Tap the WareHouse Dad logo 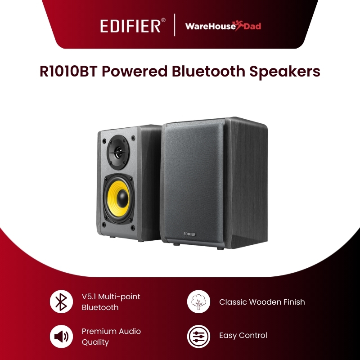(x=223, y=26)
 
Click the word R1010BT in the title (x=67, y=72)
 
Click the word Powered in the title (x=131, y=72)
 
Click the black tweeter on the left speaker (x=117, y=152)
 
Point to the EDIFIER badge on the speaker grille (x=190, y=233)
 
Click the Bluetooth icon (x=61, y=302)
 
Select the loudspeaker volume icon (x=61, y=336)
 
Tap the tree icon (x=198, y=302)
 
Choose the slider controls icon (x=198, y=336)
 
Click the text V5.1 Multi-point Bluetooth (x=111, y=302)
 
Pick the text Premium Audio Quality (x=111, y=336)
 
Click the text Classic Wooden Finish (x=262, y=302)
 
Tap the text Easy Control (x=243, y=335)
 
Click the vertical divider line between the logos (x=174, y=25)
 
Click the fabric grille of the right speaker (x=193, y=180)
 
